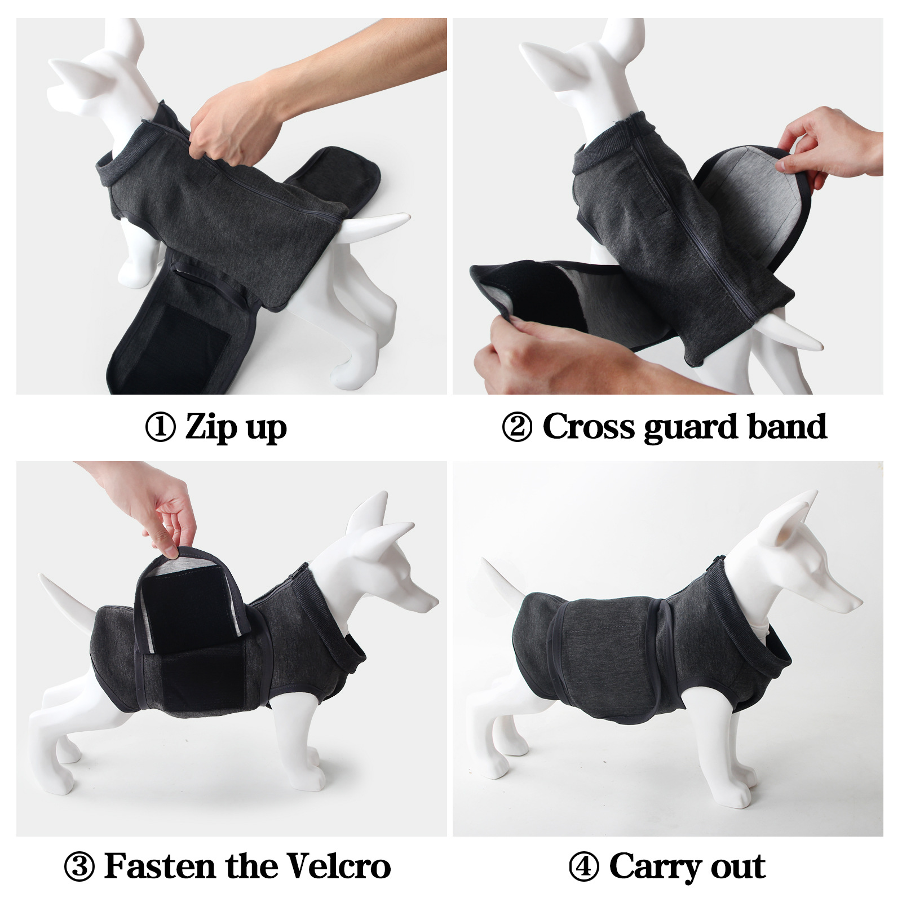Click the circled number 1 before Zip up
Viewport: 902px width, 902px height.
click(x=160, y=427)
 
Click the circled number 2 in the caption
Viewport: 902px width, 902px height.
click(x=516, y=427)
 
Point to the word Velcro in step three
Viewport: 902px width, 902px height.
click(x=338, y=866)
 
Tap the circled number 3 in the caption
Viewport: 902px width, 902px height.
click(x=79, y=866)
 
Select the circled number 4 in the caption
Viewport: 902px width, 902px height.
click(x=584, y=866)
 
